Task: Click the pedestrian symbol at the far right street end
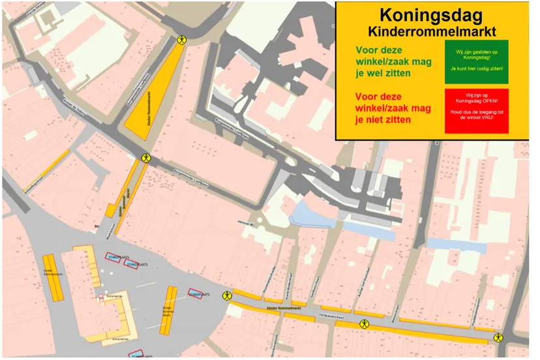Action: [498, 337]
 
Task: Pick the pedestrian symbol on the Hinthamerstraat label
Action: [363, 323]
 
